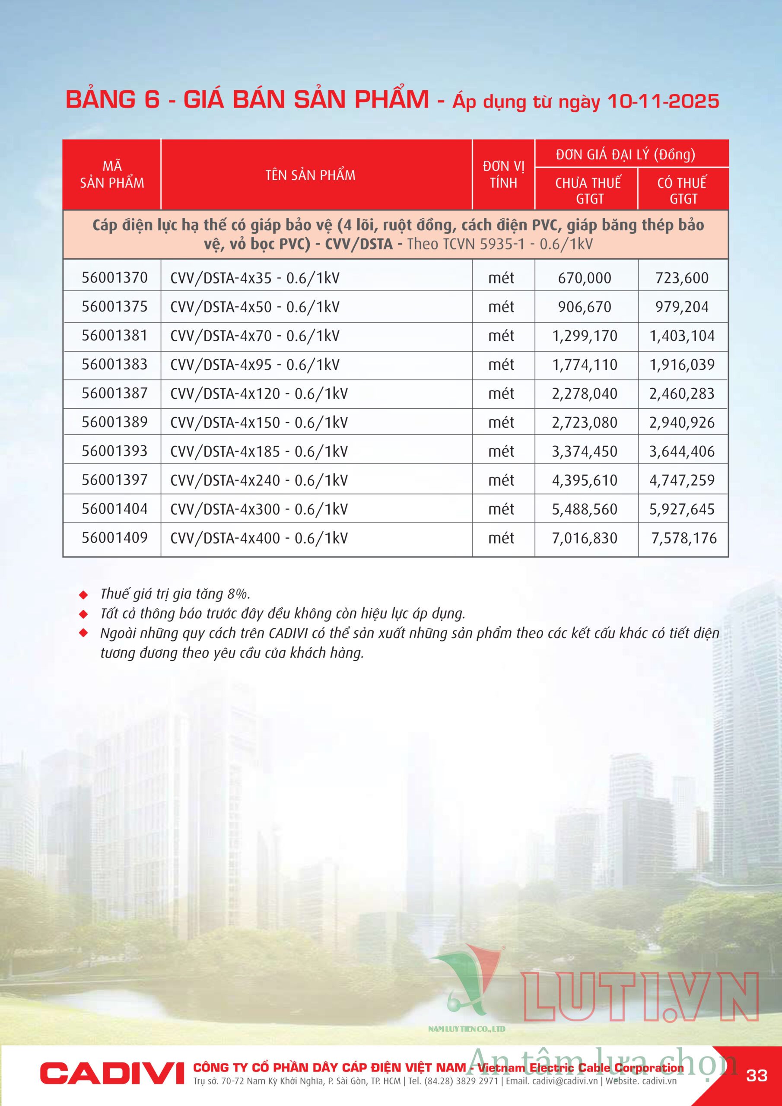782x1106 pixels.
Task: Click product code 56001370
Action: [114, 277]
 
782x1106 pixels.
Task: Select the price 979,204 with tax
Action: [681, 307]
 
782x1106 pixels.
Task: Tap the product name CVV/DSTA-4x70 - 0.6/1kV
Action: [254, 336]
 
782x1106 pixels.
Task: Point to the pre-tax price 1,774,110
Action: [585, 365]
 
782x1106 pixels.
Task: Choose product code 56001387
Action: [114, 393]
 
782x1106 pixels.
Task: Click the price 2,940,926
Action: [681, 423]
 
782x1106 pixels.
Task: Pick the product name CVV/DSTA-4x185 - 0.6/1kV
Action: [259, 451]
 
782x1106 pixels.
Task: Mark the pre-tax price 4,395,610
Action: [585, 480]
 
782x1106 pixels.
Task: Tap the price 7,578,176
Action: [683, 538]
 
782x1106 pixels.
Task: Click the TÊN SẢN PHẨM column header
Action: [310, 175]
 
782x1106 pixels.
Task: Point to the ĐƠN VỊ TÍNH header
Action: [503, 175]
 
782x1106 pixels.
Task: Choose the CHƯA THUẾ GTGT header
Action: [588, 190]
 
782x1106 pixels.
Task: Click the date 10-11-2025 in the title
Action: [663, 102]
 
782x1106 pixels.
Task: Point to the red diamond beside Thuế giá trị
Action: [83, 595]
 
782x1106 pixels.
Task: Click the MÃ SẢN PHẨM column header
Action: [112, 175]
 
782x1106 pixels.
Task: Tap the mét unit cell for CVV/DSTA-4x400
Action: [501, 538]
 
